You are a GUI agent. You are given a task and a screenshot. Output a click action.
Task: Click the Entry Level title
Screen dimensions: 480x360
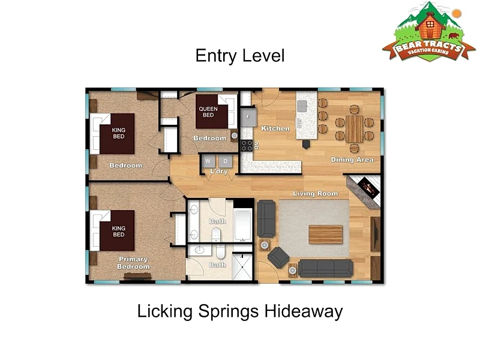tap(240, 56)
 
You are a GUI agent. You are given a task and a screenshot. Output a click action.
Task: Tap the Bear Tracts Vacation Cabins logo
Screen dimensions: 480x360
tap(428, 32)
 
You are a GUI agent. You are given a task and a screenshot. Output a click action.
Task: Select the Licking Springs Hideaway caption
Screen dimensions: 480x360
tap(239, 311)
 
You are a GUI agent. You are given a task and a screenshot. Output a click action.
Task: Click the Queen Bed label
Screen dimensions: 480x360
tap(208, 112)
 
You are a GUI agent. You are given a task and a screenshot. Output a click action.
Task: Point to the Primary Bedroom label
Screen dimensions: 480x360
tap(133, 263)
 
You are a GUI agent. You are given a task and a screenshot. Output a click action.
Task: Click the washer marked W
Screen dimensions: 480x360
tap(208, 161)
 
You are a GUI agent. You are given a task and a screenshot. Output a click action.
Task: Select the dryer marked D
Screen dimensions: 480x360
tap(226, 161)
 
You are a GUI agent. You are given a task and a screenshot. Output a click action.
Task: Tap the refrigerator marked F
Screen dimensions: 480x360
tap(248, 116)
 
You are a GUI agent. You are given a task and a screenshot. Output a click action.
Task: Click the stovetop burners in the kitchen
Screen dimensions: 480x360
tap(247, 146)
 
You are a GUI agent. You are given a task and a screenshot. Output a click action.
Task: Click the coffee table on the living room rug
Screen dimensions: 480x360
tap(325, 235)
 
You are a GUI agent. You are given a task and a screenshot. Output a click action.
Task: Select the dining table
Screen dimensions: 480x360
tap(354, 129)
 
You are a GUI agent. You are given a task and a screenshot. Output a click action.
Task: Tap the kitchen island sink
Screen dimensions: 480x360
tap(302, 106)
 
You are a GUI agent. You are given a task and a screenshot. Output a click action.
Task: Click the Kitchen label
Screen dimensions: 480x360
tap(275, 128)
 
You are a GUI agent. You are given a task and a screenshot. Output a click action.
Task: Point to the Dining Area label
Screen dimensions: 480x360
tap(352, 160)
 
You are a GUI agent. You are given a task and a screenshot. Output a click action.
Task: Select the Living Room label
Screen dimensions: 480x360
tap(316, 193)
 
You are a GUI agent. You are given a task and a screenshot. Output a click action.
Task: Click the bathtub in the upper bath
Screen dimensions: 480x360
tap(243, 225)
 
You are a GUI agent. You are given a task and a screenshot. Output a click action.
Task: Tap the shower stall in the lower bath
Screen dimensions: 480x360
tap(242, 266)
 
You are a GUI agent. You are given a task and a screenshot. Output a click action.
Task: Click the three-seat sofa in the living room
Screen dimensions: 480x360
tap(325, 268)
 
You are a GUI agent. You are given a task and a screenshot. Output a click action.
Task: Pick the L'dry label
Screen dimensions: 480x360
tap(219, 171)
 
